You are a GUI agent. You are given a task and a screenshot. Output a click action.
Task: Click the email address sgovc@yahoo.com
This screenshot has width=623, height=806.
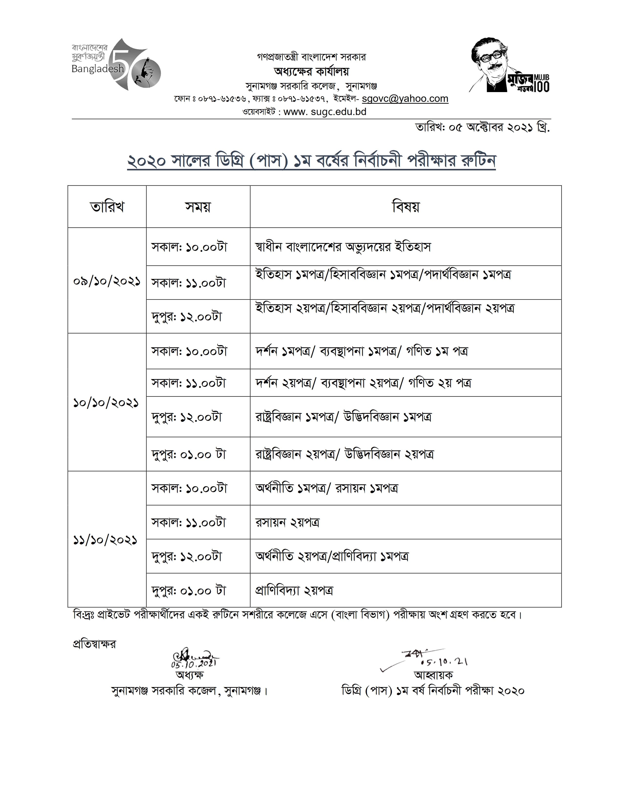coord(405,99)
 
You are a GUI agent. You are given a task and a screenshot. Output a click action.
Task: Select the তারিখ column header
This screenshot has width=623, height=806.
coord(107,207)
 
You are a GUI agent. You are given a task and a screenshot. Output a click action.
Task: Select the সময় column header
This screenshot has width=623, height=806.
coord(198,207)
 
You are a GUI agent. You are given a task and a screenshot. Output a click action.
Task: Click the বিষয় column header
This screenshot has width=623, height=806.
coord(406,207)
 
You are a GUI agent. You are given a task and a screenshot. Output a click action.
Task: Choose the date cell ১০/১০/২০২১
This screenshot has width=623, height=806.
coord(106,402)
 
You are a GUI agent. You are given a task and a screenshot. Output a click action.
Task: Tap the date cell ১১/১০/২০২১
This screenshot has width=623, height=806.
coord(105,540)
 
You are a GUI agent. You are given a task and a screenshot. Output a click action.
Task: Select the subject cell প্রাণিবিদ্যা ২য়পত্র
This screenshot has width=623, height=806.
coord(294,591)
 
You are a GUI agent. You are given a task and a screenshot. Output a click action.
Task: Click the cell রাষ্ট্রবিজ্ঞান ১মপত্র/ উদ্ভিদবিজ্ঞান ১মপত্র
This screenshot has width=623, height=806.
coord(343,417)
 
